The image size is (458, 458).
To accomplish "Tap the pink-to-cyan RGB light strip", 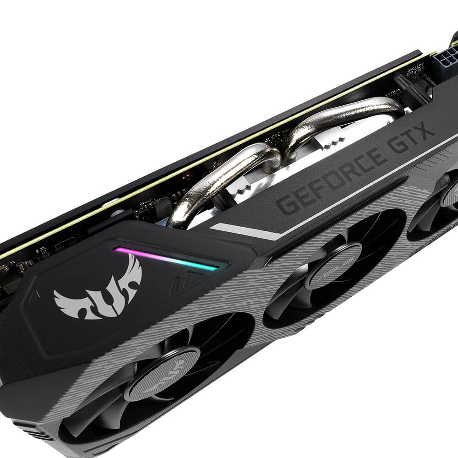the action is tap(166, 258).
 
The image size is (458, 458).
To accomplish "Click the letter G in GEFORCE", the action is tap(288, 203).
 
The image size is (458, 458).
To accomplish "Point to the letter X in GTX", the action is tap(425, 132).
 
